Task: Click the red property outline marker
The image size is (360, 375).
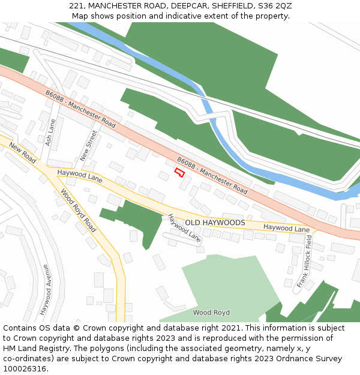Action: click(x=179, y=172)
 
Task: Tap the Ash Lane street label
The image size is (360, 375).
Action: click(x=50, y=133)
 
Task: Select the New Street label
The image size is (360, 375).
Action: click(x=88, y=146)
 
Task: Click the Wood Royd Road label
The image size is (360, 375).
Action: click(x=78, y=211)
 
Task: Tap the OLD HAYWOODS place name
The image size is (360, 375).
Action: click(x=215, y=223)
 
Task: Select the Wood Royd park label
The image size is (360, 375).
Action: click(x=211, y=313)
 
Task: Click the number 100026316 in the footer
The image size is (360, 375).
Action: click(x=23, y=368)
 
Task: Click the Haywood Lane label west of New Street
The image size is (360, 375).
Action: click(x=80, y=175)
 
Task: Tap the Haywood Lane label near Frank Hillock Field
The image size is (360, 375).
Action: click(x=286, y=228)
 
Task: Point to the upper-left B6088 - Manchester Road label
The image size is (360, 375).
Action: click(x=80, y=109)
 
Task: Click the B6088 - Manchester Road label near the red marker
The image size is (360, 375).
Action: click(x=212, y=175)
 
